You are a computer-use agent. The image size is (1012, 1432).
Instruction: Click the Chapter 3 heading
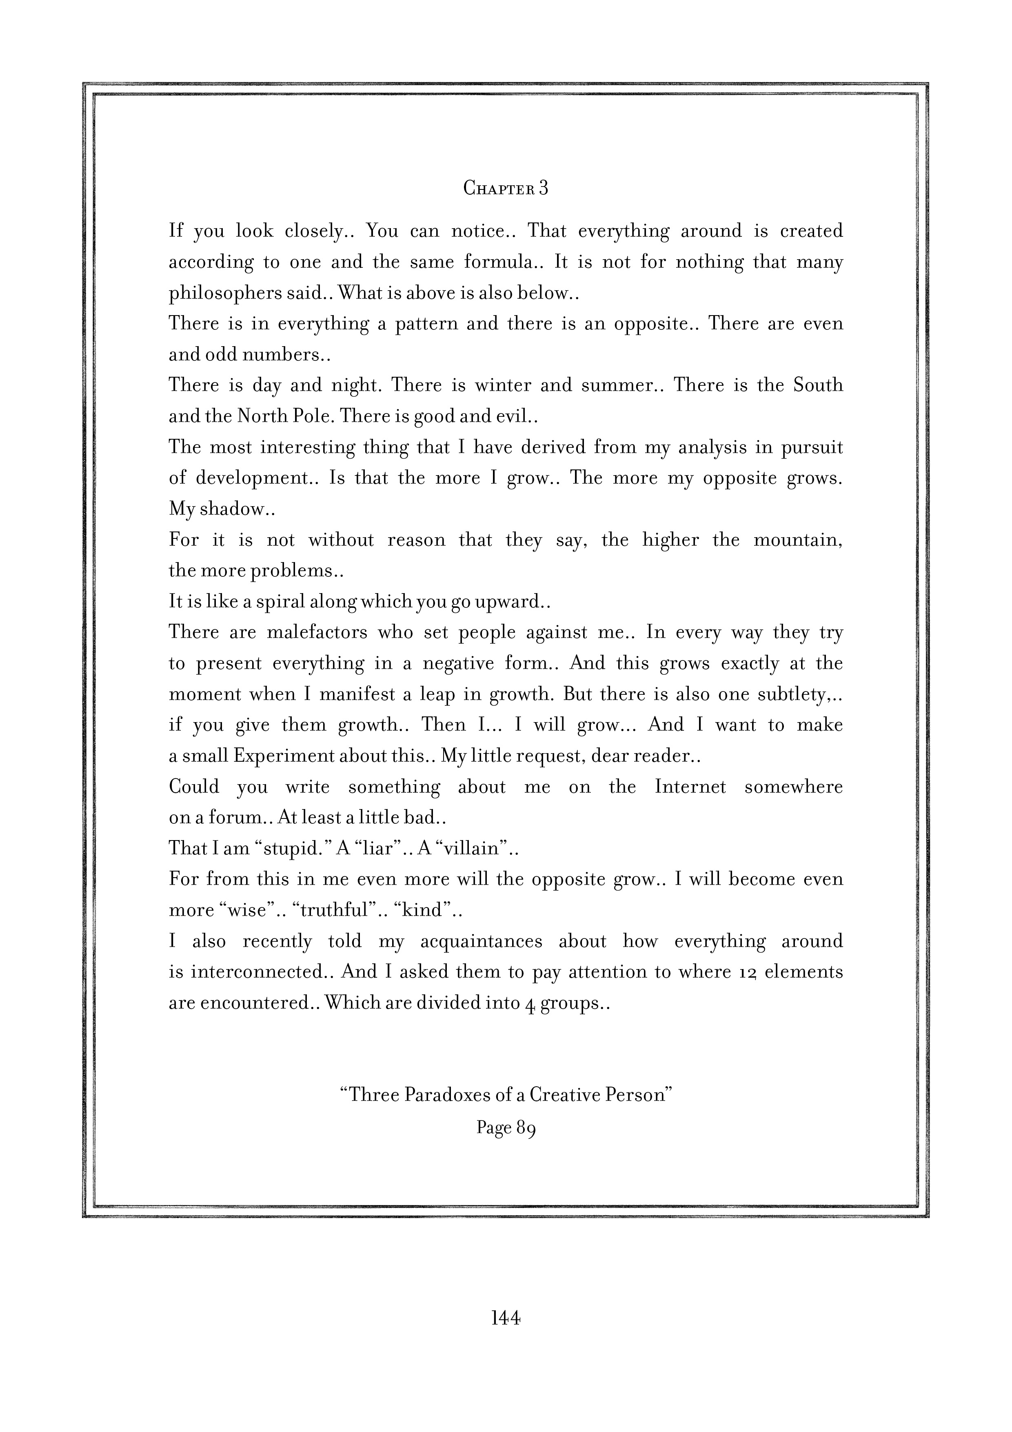[506, 188]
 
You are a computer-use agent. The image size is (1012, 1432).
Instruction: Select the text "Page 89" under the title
[506, 1127]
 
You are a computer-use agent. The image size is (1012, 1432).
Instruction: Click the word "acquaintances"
[481, 941]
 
